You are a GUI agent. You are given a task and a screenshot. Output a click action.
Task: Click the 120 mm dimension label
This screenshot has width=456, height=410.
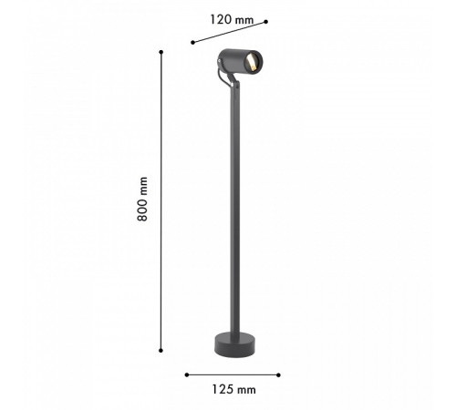click(x=232, y=20)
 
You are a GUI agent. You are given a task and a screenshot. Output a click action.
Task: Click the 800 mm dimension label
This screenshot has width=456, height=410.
click(x=142, y=199)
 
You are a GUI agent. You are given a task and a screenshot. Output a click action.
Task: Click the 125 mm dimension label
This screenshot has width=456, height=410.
click(x=233, y=389)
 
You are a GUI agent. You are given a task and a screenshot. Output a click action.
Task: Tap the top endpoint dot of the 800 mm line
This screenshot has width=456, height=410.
click(x=161, y=52)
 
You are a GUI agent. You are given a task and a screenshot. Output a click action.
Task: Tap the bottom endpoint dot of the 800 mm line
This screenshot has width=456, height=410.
click(x=161, y=351)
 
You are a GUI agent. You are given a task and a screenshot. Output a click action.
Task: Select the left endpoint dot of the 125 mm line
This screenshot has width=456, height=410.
click(x=187, y=374)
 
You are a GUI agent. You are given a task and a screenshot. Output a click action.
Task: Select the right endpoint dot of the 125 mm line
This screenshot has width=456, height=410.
click(x=278, y=375)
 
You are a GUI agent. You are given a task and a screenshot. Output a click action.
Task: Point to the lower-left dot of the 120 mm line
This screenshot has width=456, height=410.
click(x=192, y=43)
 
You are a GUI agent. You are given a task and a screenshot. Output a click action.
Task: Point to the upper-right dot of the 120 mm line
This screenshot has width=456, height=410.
click(x=266, y=22)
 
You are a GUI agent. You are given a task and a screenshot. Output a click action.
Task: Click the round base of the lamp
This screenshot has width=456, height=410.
click(x=234, y=344)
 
